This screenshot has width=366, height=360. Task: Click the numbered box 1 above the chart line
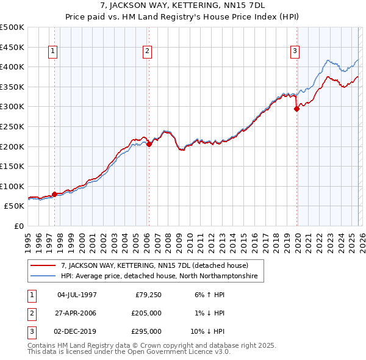54,52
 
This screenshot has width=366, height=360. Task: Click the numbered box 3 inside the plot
295,52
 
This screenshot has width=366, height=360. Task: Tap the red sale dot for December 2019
297,109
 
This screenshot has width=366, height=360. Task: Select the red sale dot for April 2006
149,145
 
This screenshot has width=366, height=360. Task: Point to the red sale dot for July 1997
55,194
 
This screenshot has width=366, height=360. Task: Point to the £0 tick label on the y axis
19,226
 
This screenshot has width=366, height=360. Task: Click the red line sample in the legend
43,266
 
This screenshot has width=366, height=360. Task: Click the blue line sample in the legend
43,276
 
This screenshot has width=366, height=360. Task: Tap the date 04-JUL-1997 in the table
77,295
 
